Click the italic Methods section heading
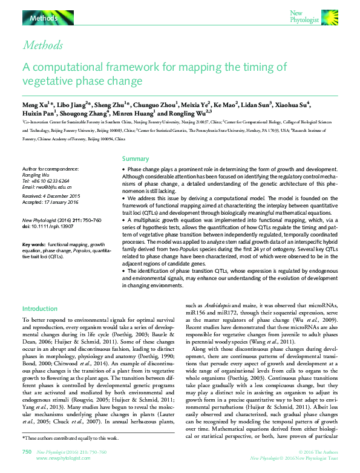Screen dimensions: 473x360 pyautogui.click(x=42, y=46)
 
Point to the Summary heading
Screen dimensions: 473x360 pyautogui.click(x=136, y=159)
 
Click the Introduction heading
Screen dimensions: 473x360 pyautogui.click(x=39, y=308)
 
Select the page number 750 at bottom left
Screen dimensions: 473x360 pyautogui.click(x=26, y=452)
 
